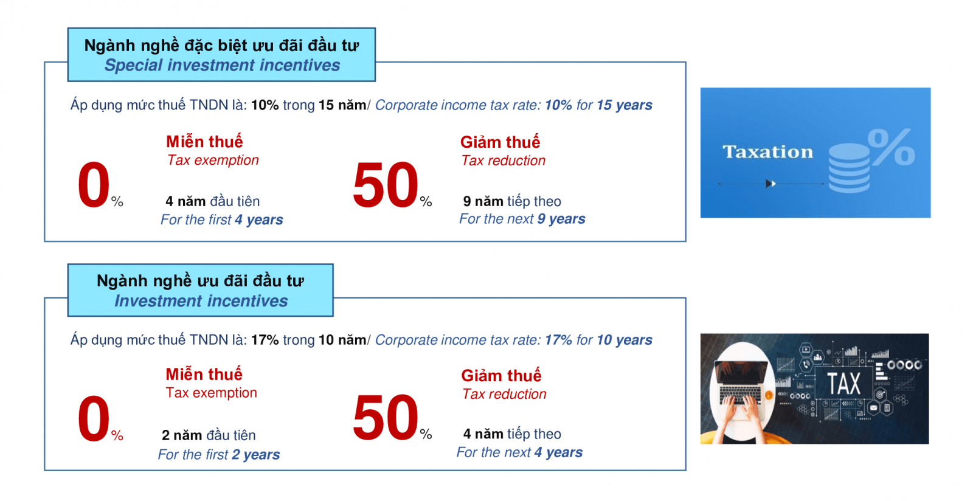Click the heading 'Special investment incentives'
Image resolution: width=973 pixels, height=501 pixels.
(x=222, y=65)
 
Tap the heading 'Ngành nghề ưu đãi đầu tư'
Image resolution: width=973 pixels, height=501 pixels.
(x=200, y=281)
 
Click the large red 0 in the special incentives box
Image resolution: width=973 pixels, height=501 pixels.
(x=93, y=184)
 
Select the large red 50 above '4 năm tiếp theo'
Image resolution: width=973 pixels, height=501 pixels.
(x=386, y=418)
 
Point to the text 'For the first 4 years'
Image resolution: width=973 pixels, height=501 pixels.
(x=221, y=219)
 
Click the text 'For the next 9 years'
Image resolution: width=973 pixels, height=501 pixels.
(x=522, y=219)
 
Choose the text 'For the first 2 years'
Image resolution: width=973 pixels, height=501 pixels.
(x=218, y=455)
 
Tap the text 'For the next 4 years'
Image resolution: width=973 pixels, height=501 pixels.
(x=519, y=452)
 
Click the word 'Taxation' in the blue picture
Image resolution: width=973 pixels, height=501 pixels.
(x=767, y=152)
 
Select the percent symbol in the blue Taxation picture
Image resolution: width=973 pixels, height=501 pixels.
(x=891, y=147)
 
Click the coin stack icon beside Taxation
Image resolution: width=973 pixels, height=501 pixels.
(x=849, y=168)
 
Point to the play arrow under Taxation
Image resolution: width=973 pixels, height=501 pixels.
(x=770, y=184)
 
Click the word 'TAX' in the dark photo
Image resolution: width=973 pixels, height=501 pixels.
(x=843, y=384)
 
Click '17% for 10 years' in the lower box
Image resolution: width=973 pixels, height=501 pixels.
(x=598, y=340)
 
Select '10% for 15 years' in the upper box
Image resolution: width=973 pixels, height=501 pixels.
(x=598, y=105)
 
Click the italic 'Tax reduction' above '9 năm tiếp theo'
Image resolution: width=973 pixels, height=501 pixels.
(x=503, y=161)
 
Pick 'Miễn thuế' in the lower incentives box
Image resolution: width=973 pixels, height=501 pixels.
(x=204, y=375)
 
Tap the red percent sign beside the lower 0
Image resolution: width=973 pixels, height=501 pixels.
(x=117, y=435)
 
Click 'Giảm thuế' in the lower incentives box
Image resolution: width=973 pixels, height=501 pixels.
(x=501, y=376)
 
